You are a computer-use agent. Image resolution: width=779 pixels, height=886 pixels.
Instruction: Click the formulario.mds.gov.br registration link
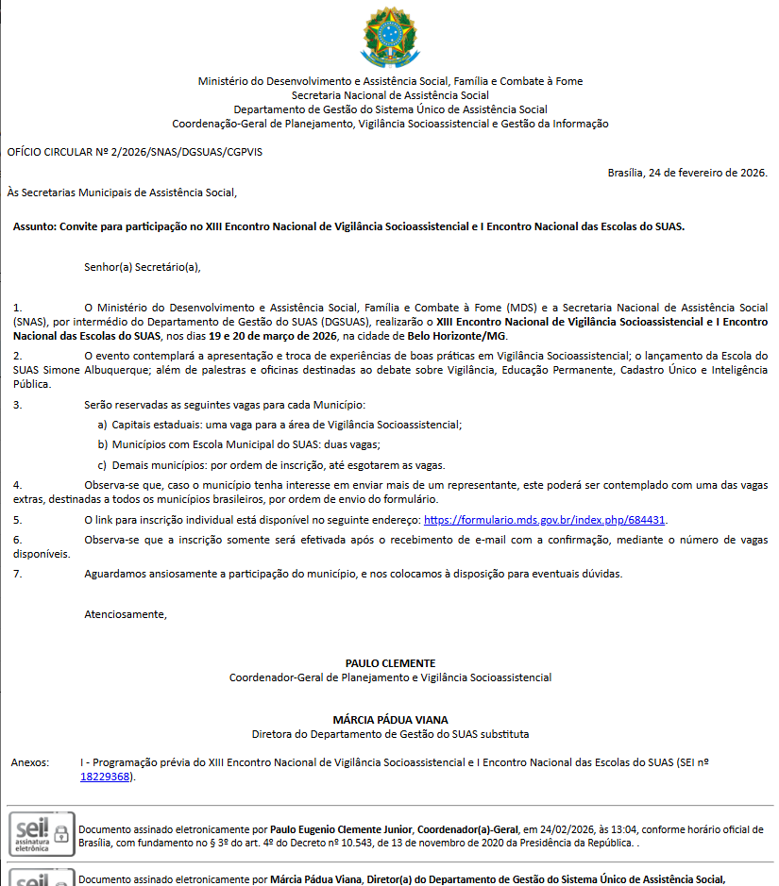click(545, 520)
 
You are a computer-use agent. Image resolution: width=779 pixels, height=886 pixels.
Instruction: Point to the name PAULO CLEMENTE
click(390, 663)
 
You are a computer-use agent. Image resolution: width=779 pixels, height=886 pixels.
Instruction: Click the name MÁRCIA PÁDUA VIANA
click(390, 720)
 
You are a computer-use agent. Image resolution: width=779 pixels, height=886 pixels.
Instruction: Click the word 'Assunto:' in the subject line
click(34, 226)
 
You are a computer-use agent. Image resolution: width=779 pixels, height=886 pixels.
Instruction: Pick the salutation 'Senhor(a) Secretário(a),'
click(143, 267)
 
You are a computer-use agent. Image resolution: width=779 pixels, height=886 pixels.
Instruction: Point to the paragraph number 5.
click(17, 520)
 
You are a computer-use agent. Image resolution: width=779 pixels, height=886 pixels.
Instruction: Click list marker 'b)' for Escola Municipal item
click(103, 443)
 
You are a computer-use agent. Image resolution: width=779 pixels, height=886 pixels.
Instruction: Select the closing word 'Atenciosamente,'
click(126, 614)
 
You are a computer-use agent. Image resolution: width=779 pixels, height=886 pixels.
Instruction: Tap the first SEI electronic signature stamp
click(42, 832)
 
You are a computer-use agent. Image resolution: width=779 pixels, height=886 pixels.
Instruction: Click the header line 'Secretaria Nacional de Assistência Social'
click(390, 95)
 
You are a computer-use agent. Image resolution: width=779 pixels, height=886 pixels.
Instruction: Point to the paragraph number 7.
click(17, 574)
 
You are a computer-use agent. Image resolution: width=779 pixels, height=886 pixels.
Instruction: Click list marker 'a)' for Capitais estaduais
click(103, 426)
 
